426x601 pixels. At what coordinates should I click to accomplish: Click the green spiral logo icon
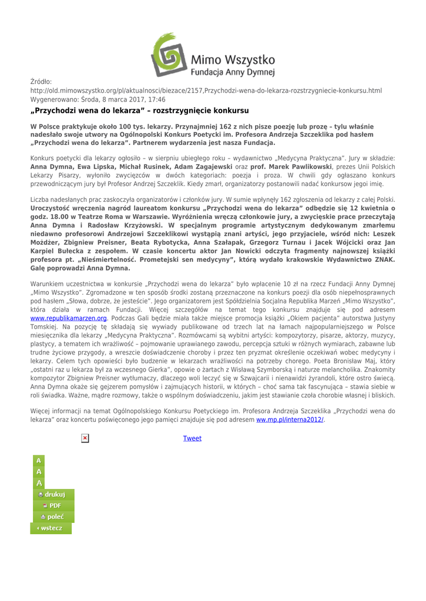pyautogui.click(x=169, y=55)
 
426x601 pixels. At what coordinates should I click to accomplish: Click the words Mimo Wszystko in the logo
pyautogui.click(x=233, y=60)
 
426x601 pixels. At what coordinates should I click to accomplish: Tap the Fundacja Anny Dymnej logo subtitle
pyautogui.click(x=232, y=72)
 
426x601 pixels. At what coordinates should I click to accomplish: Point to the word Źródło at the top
pyautogui.click(x=41, y=82)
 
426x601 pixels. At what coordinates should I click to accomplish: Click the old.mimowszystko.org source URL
pyautogui.click(x=206, y=90)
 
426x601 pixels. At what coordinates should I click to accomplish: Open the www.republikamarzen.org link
pyautogui.click(x=68, y=318)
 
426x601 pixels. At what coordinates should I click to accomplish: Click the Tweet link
pyautogui.click(x=192, y=438)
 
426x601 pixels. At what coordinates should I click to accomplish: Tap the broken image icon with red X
pyautogui.click(x=85, y=438)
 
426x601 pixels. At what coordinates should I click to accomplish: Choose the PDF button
pyautogui.click(x=52, y=505)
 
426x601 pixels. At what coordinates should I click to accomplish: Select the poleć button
pyautogui.click(x=52, y=516)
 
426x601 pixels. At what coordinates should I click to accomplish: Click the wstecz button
pyautogui.click(x=51, y=528)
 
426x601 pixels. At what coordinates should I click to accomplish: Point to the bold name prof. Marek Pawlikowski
pyautogui.click(x=284, y=167)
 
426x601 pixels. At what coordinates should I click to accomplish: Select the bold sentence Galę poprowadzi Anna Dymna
pyautogui.click(x=80, y=267)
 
